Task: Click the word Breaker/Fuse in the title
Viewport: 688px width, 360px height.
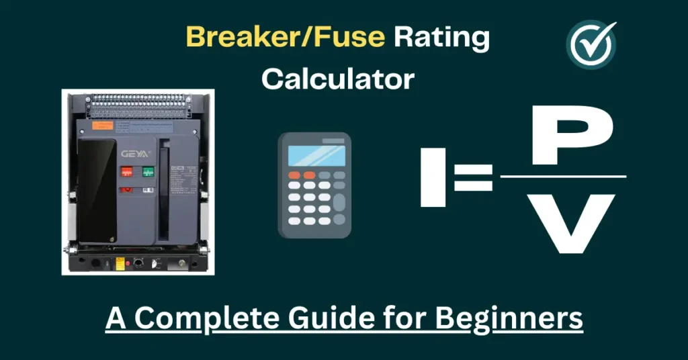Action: click(286, 38)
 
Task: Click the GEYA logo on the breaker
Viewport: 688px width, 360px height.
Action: click(131, 153)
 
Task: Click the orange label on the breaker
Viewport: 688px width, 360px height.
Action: click(102, 126)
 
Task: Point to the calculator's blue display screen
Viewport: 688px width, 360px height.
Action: click(316, 155)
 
